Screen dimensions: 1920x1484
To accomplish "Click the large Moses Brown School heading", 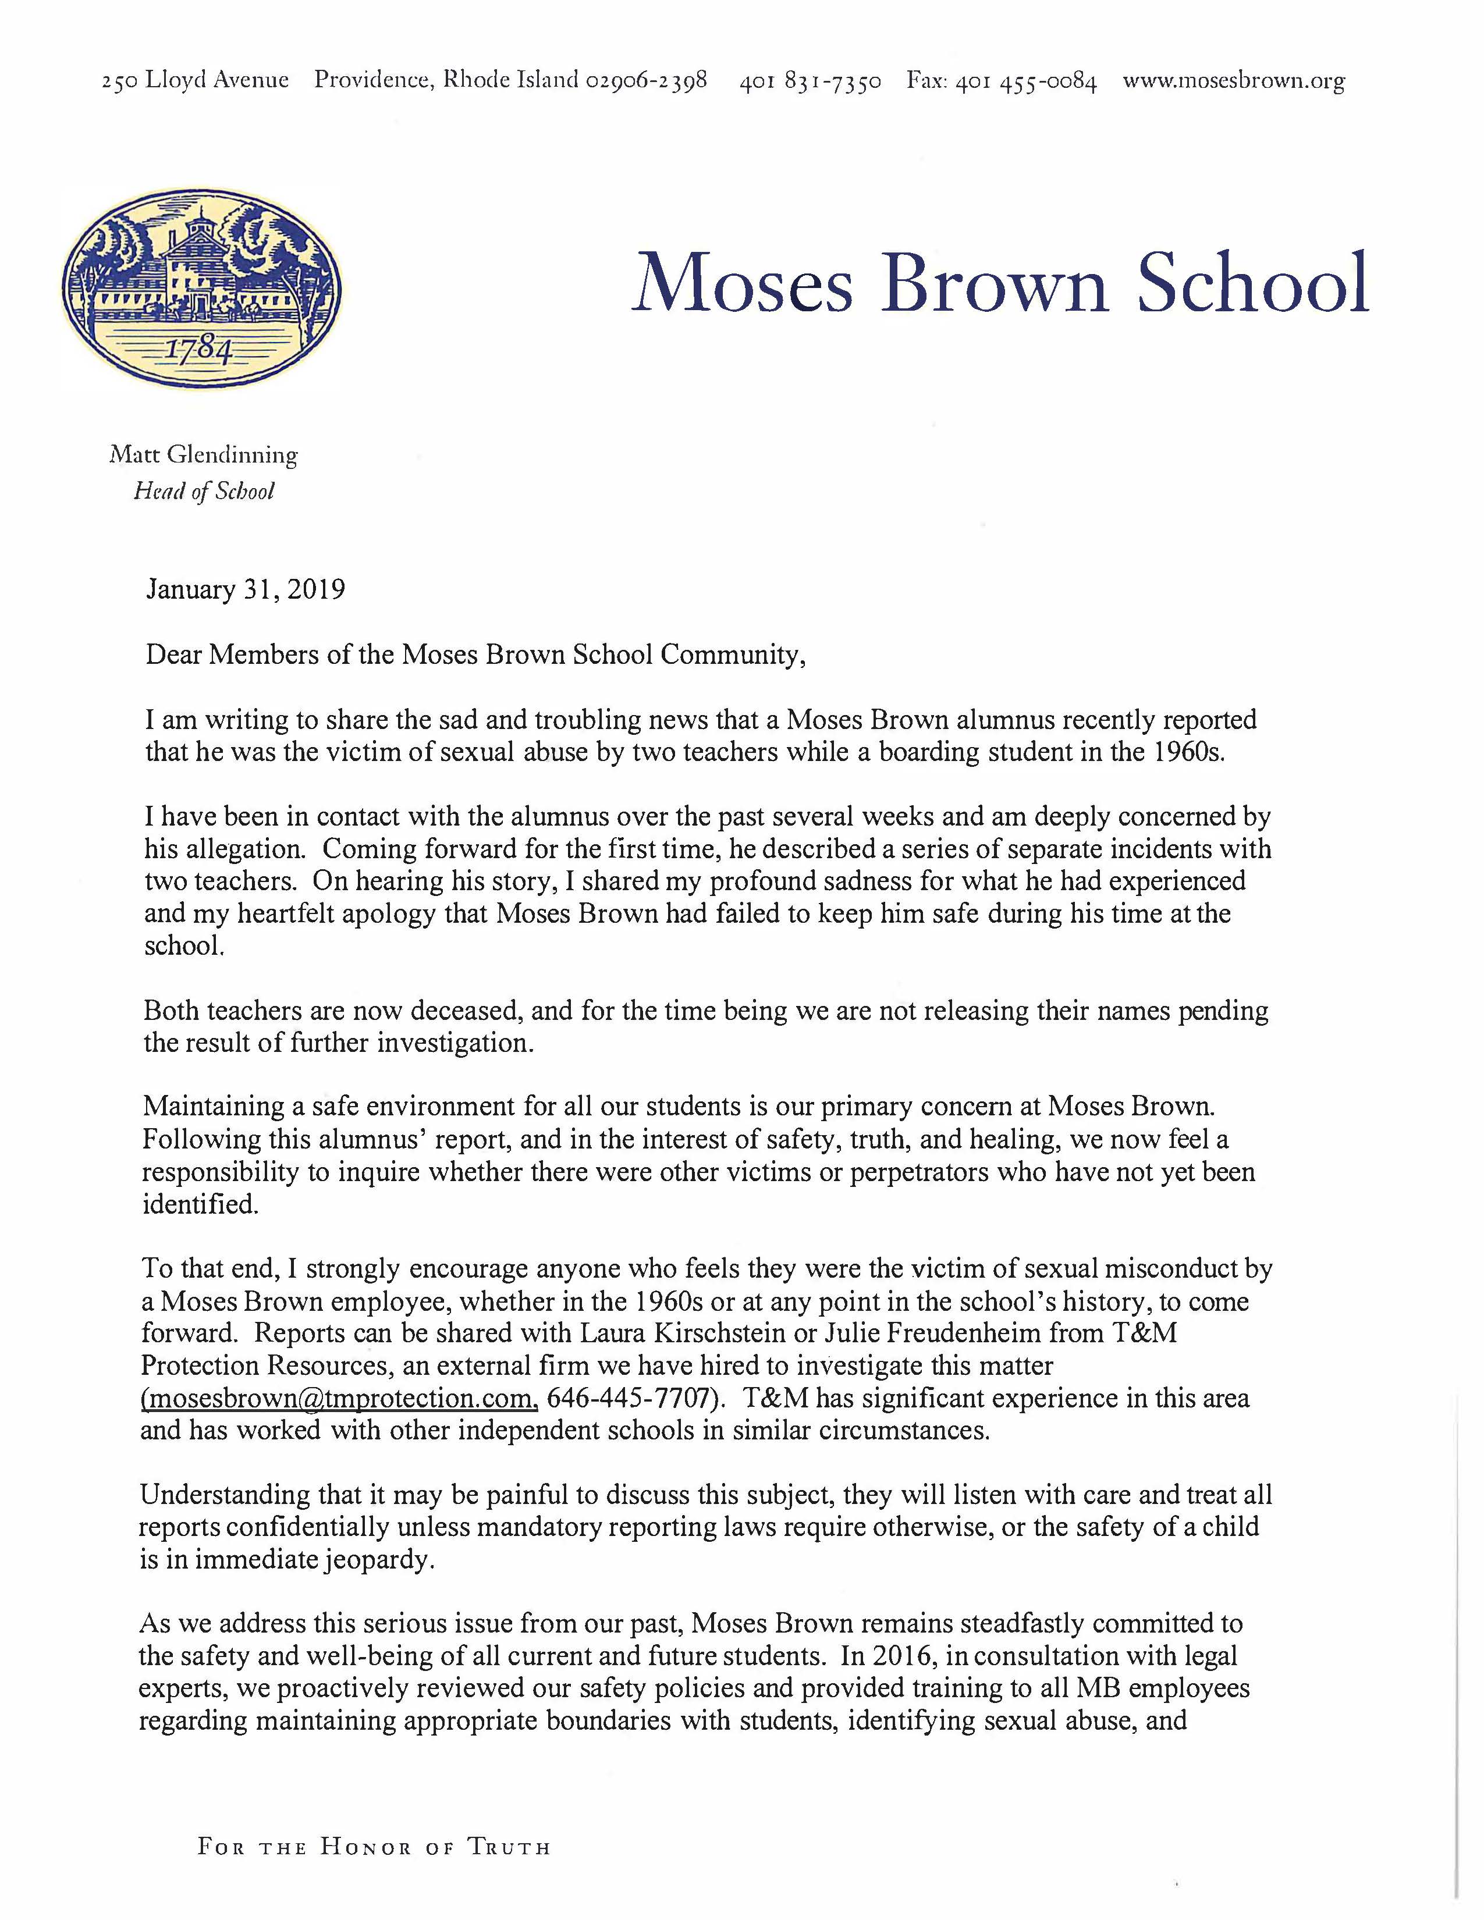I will click(1000, 283).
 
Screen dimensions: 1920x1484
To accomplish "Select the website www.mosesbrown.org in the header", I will click(1233, 82).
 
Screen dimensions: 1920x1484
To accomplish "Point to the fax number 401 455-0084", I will click(1026, 83).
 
